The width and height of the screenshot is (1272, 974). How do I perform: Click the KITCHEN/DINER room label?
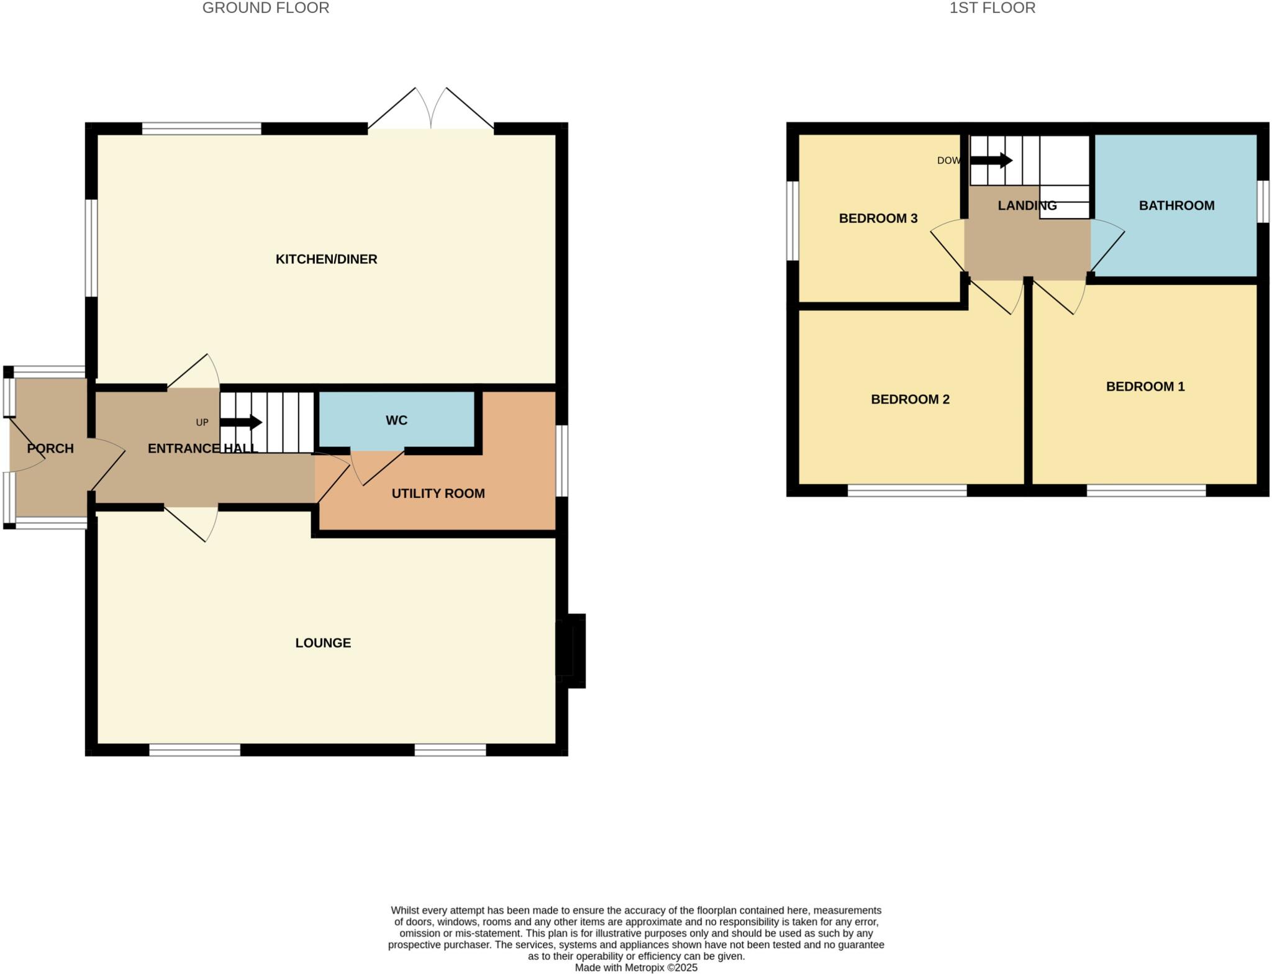tap(326, 259)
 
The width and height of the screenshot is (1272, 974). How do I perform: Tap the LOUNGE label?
tap(323, 643)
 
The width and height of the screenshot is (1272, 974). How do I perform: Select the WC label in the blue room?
tap(396, 420)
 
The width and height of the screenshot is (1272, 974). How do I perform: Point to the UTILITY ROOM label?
tap(438, 493)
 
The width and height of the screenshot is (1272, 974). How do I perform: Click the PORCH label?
tap(50, 448)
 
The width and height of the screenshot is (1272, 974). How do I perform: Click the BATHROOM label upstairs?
tap(1176, 205)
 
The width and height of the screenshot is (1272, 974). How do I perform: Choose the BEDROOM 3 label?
tap(878, 218)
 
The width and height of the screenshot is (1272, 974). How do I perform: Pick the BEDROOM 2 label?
tap(910, 399)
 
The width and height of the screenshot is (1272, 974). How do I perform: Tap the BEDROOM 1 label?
tap(1145, 386)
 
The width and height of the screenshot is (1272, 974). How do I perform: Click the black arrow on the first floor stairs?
tap(992, 160)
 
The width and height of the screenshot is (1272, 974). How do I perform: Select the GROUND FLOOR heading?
tap(266, 8)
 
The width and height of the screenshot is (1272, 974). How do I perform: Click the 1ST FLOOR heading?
tap(992, 8)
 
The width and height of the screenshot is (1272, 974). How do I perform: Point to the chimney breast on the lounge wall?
tap(571, 650)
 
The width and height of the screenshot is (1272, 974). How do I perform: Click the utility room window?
tap(561, 460)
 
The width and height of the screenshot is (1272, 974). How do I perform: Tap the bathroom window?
tap(1263, 201)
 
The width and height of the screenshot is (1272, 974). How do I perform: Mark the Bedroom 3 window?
tap(792, 220)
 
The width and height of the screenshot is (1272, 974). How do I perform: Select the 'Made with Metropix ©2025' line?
tap(636, 967)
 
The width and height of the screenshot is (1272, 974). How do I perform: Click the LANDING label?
tap(1027, 205)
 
